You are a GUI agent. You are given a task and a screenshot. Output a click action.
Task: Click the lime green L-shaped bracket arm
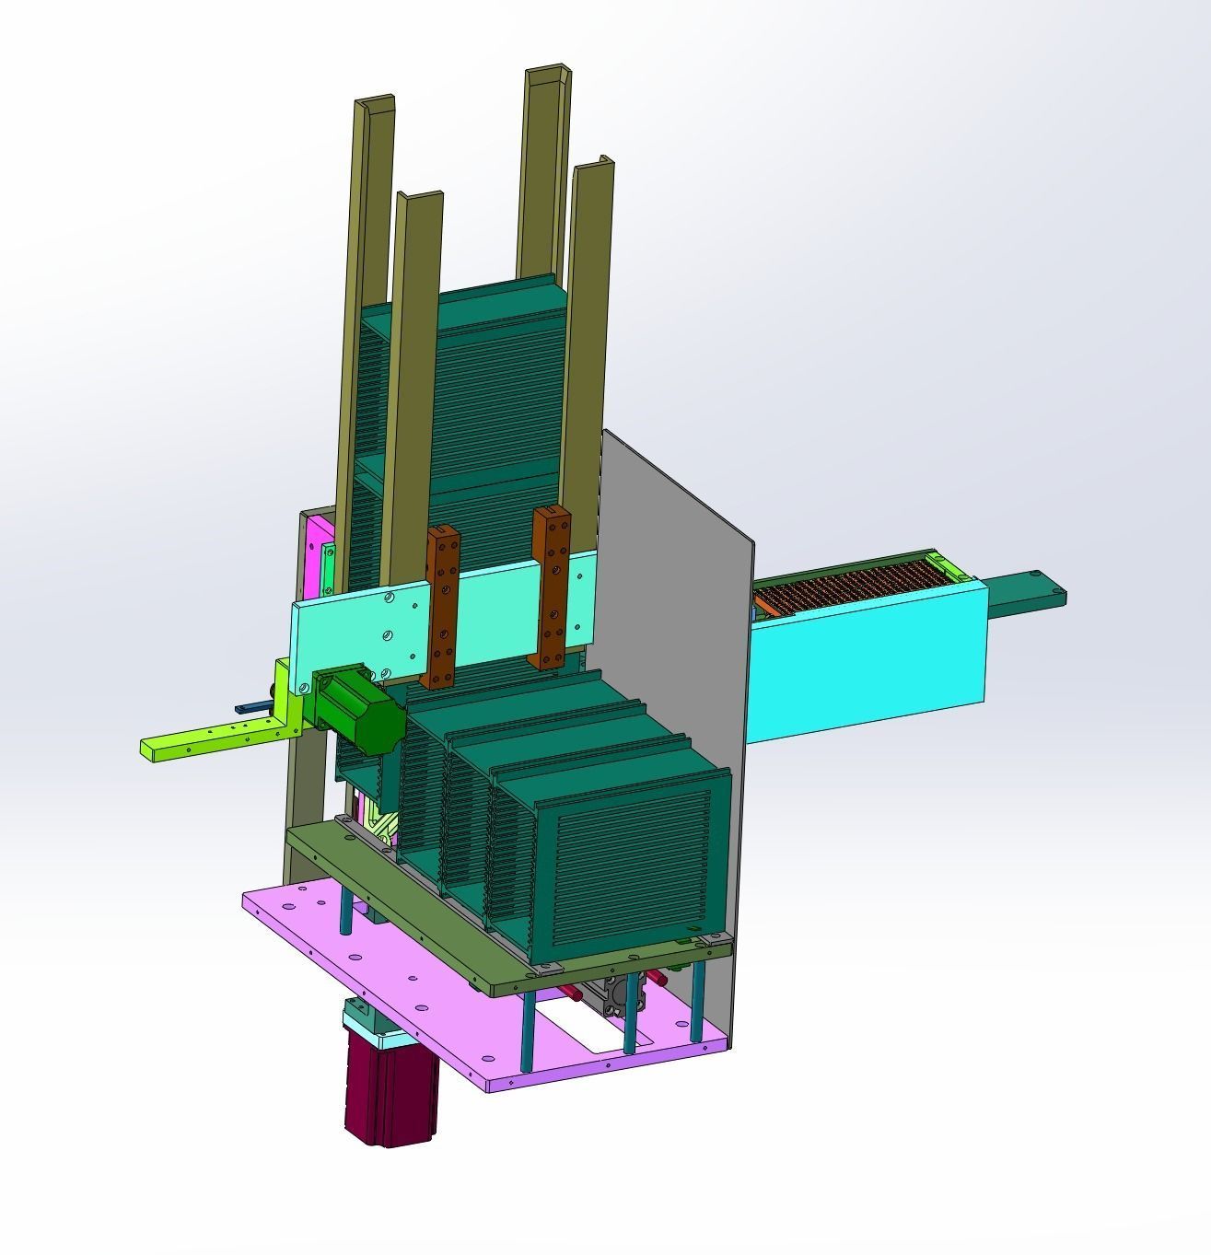[x=212, y=737]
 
